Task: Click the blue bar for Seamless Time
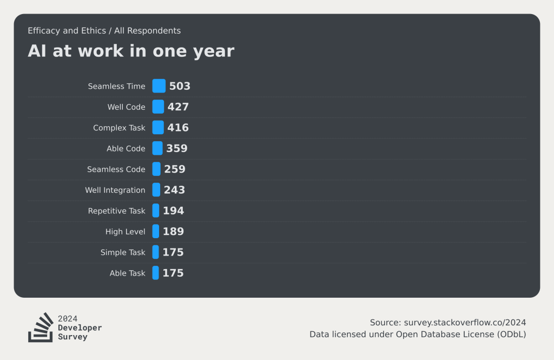(159, 86)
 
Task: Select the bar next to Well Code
(158, 107)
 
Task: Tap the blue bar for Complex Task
(158, 128)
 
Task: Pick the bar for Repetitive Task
(156, 211)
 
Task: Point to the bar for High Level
(156, 232)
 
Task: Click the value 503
(180, 86)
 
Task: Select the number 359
(177, 148)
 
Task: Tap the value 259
(175, 169)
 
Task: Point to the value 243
(174, 190)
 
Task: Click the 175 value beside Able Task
(173, 273)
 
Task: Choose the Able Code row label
(126, 148)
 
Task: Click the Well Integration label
(115, 190)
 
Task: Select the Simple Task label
(123, 252)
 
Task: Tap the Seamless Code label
(116, 169)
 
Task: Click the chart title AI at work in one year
(131, 51)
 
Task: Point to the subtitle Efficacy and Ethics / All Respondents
(104, 31)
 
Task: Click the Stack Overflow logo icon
(41, 328)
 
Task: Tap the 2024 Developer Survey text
(80, 328)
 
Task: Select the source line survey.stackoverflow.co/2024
(448, 323)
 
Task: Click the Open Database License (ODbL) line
(418, 335)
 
